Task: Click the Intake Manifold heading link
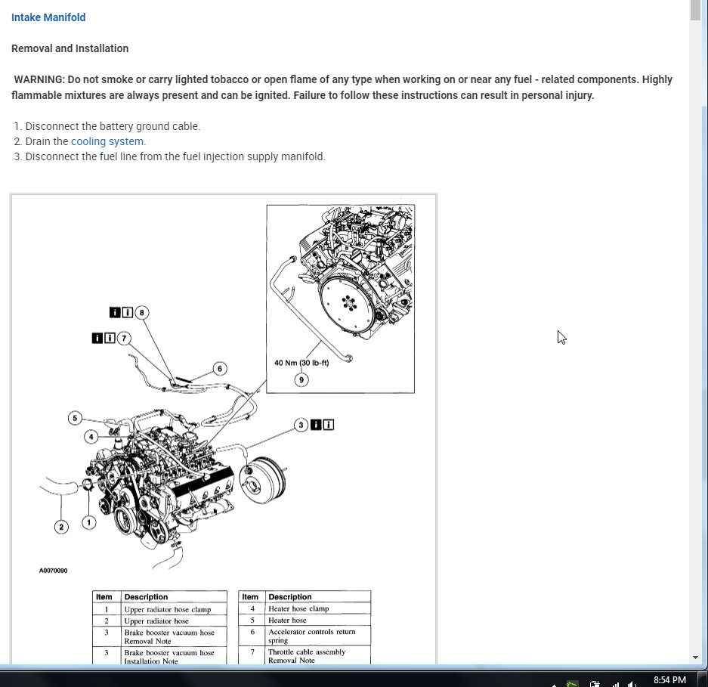click(48, 17)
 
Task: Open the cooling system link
click(107, 141)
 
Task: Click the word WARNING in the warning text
click(39, 79)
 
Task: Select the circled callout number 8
click(142, 312)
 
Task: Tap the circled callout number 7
click(124, 338)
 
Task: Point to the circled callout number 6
click(220, 369)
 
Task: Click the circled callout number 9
click(301, 379)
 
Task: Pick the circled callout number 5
click(74, 418)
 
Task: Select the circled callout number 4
click(91, 436)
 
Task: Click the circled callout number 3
click(301, 425)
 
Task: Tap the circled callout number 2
click(61, 527)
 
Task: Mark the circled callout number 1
click(89, 522)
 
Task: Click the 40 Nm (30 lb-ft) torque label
click(301, 363)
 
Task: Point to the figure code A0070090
click(53, 571)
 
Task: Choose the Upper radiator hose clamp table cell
click(167, 609)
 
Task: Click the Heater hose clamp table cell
click(298, 608)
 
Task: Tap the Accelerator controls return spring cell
click(311, 636)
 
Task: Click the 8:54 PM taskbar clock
click(669, 680)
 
